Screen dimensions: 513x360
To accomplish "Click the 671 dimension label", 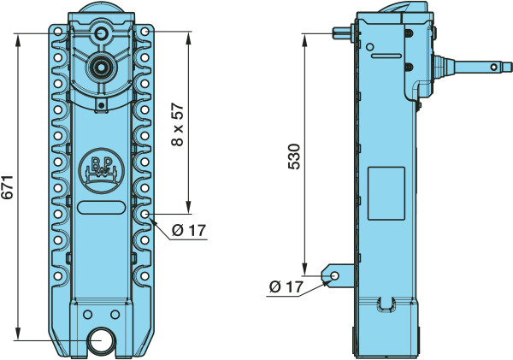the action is [x=8, y=187].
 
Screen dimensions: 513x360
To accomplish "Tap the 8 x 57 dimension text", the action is [x=178, y=125].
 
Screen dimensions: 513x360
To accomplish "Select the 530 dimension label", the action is [x=294, y=156].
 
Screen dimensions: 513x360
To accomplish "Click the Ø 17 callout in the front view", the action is [x=189, y=231].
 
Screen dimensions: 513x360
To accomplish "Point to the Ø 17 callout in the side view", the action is [x=286, y=287].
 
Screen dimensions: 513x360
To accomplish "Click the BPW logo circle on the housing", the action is [x=102, y=172].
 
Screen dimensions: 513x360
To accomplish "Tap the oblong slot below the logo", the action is [x=102, y=208].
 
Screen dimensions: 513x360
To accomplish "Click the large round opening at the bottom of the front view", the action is [x=102, y=340].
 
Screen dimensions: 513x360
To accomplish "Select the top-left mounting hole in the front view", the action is [x=58, y=32].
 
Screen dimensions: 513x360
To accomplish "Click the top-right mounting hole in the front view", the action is [x=145, y=32].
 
